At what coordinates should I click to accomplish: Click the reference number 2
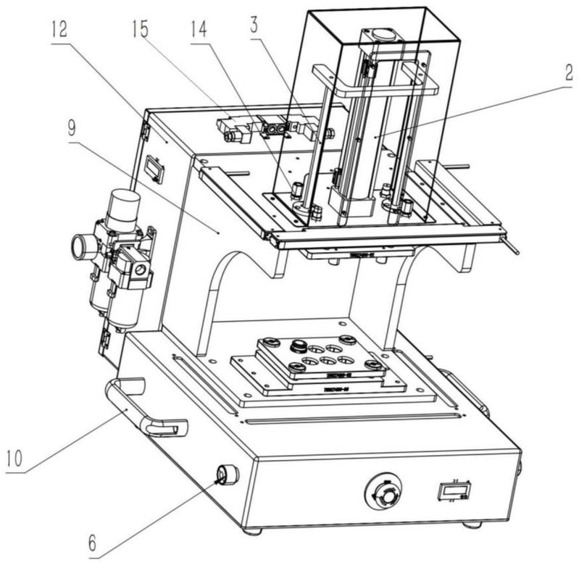(570, 73)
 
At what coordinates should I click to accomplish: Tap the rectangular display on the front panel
(453, 492)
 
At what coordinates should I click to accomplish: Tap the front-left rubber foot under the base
(252, 531)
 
